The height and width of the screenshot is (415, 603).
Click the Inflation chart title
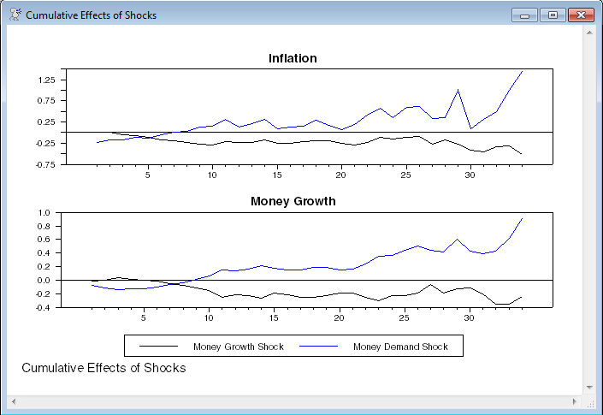(293, 58)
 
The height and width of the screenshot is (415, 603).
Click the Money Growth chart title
(293, 201)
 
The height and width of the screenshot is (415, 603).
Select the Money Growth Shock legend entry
(238, 347)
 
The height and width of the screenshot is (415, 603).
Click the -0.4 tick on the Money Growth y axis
(46, 307)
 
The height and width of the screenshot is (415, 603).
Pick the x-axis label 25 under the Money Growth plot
(404, 318)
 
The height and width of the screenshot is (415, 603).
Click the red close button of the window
(581, 15)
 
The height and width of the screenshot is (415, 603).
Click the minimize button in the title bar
(524, 15)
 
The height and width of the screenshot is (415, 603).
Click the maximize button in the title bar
(552, 15)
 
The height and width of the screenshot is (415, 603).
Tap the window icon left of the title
(15, 15)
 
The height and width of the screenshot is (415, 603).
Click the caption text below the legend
(103, 368)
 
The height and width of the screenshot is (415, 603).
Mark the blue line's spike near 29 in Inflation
(458, 90)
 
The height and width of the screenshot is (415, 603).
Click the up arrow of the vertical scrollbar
(588, 32)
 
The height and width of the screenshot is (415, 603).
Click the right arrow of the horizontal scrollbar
(575, 401)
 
